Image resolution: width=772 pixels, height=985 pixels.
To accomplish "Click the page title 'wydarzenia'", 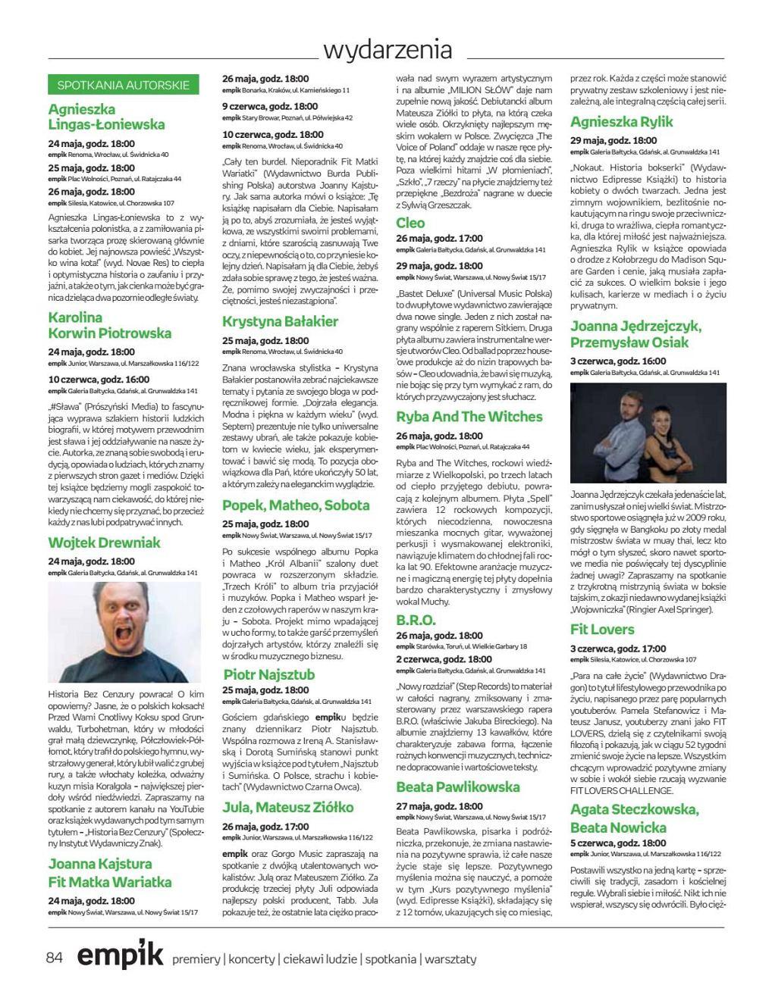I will (388, 50).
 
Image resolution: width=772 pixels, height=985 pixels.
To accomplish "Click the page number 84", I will (55, 958).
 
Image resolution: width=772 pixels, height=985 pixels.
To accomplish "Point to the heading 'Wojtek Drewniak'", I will (105, 543).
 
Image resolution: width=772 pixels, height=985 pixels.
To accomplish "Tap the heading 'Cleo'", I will (410, 223).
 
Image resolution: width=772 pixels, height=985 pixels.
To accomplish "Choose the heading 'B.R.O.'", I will (416, 620).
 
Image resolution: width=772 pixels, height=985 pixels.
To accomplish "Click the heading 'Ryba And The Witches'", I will (469, 417).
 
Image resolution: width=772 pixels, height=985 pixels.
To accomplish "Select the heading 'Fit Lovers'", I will (602, 630).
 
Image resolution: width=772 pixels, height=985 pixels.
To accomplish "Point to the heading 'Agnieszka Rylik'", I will (621, 122).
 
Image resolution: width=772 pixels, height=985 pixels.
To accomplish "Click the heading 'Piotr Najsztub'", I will (268, 674).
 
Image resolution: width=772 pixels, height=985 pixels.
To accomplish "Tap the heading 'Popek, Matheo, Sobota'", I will (296, 505).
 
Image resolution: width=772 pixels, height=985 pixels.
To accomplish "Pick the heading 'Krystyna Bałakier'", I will (280, 321).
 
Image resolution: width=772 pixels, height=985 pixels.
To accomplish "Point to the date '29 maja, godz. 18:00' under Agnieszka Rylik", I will (614, 140).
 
